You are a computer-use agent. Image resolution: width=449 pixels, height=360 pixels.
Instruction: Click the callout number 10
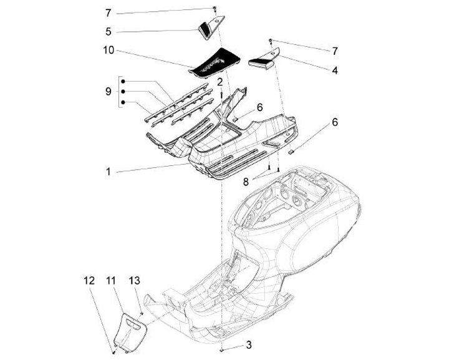pyautogui.click(x=109, y=51)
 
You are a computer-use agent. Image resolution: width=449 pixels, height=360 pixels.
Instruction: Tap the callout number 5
pyautogui.click(x=108, y=31)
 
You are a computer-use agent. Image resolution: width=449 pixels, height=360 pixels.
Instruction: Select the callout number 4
pyautogui.click(x=335, y=70)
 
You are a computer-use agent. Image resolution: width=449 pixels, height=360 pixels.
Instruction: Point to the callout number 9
pyautogui.click(x=108, y=92)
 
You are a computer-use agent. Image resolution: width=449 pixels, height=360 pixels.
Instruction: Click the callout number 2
pyautogui.click(x=220, y=82)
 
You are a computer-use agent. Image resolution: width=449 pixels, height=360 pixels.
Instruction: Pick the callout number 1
pyautogui.click(x=108, y=172)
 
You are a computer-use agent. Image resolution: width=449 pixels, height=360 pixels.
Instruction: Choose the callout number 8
pyautogui.click(x=246, y=182)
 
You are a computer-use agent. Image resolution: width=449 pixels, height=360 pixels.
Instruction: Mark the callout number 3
pyautogui.click(x=249, y=345)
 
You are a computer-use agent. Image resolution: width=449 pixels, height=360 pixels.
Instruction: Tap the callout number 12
pyautogui.click(x=89, y=281)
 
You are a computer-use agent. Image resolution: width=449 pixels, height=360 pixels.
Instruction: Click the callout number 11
pyautogui.click(x=111, y=281)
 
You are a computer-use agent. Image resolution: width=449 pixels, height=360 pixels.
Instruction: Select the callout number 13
pyautogui.click(x=134, y=281)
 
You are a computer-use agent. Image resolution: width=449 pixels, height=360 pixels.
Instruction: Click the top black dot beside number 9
pyautogui.click(x=123, y=81)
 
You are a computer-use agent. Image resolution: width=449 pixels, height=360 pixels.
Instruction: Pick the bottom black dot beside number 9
pyautogui.click(x=123, y=102)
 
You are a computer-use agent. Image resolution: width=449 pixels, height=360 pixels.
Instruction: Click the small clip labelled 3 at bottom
pyautogui.click(x=222, y=349)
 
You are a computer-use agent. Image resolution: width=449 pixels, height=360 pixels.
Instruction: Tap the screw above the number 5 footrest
pyautogui.click(x=214, y=8)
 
